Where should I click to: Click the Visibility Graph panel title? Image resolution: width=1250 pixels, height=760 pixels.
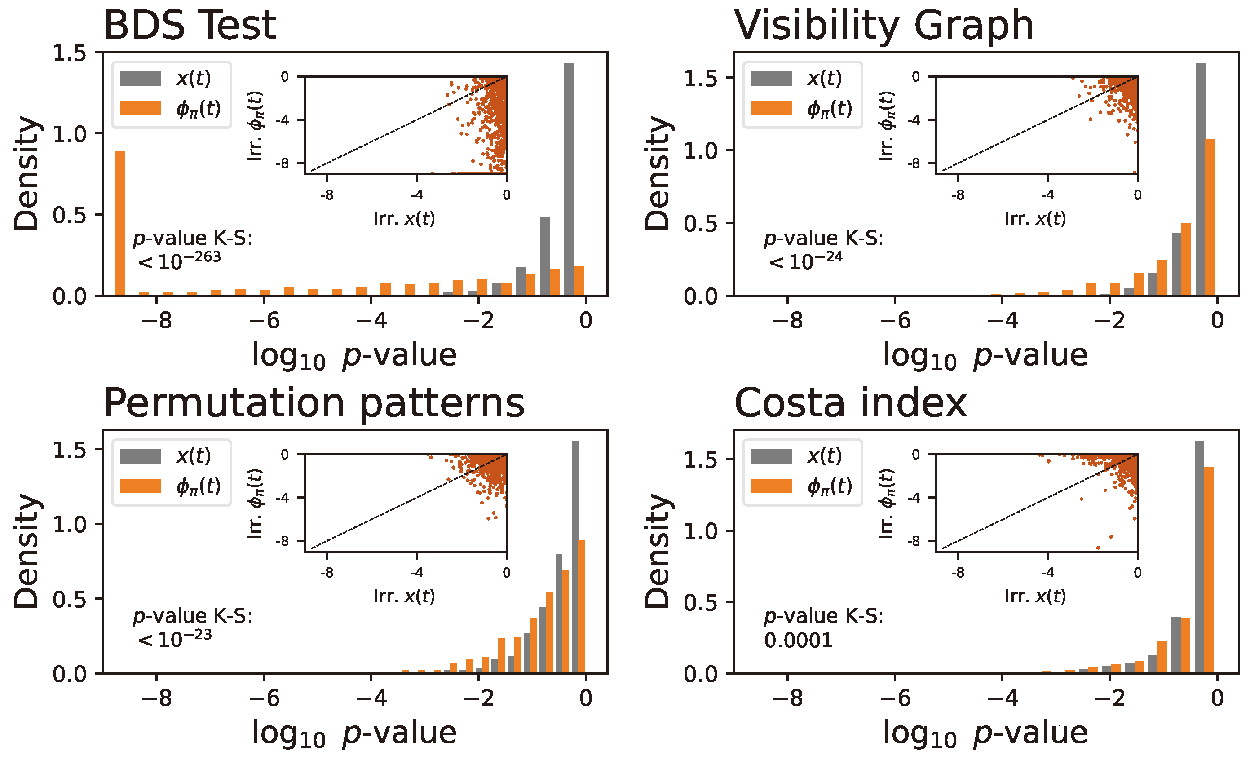click(884, 25)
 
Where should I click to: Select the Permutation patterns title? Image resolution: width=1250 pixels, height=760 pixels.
click(314, 403)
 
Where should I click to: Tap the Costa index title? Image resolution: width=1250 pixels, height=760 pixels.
click(850, 403)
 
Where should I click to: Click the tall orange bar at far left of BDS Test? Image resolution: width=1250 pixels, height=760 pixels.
click(119, 223)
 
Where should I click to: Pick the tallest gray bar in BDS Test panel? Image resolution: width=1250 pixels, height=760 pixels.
click(569, 177)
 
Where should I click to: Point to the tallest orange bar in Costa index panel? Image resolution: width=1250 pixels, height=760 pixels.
click(1208, 570)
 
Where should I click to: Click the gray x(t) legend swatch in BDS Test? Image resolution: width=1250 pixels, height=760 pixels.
click(141, 79)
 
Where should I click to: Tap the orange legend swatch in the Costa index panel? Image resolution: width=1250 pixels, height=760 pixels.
click(771, 486)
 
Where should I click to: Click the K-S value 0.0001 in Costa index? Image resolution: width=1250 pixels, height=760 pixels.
click(799, 641)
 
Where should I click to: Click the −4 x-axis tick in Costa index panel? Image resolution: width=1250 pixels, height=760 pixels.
click(1002, 698)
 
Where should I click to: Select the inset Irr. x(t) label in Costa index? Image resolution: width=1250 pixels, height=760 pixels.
click(1035, 596)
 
